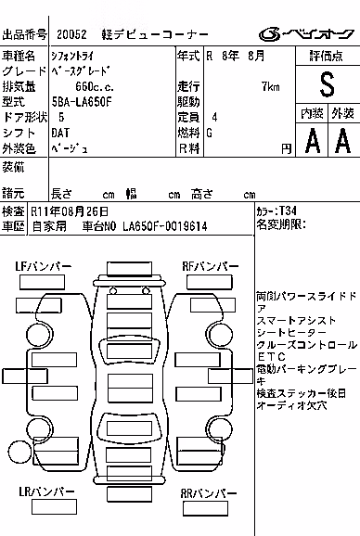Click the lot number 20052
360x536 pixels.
pos(71,34)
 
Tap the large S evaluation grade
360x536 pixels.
pos(328,84)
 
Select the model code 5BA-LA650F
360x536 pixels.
pos(82,102)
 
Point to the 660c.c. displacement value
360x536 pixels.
pos(95,86)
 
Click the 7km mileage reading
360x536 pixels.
pos(271,86)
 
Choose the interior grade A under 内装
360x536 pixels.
pos(313,140)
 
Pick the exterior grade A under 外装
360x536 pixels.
pos(343,140)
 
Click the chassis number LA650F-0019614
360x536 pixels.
pos(165,226)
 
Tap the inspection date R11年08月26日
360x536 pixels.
pos(70,211)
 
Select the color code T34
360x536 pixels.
pos(288,211)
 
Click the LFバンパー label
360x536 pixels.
pos(43,266)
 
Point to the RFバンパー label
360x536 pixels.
pos(211,266)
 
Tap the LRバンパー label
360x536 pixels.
pos(46,491)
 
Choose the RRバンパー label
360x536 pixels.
pos(209,493)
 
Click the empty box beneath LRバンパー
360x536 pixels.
pos(54,507)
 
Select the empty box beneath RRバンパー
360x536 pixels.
pos(205,509)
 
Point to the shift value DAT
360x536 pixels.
pos(60,133)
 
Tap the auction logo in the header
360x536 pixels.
pos(306,33)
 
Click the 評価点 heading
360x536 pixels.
pos(327,56)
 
